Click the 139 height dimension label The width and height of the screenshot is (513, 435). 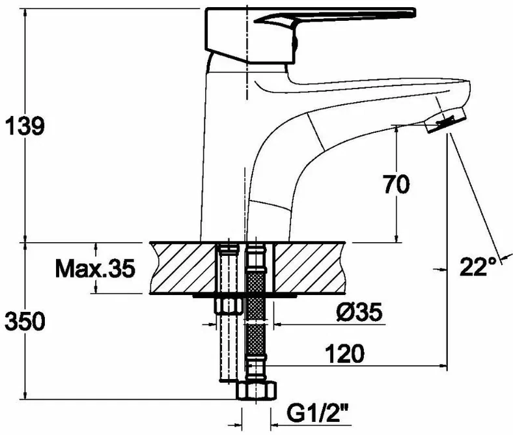25,126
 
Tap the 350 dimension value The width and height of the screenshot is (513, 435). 25,321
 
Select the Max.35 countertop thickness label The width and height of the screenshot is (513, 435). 95,268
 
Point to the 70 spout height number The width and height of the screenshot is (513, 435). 396,184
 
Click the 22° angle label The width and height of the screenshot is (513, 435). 478,266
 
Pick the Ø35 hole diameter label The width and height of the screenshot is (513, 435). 359,312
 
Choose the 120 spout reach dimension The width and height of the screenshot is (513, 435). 344,354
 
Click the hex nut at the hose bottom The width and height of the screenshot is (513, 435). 256,390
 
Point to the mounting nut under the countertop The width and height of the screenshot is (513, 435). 229,305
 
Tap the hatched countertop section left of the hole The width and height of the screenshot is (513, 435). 183,268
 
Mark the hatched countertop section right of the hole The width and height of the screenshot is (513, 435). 310,268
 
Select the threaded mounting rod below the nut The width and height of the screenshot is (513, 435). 228,348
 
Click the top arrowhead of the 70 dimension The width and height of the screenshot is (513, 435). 396,130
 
